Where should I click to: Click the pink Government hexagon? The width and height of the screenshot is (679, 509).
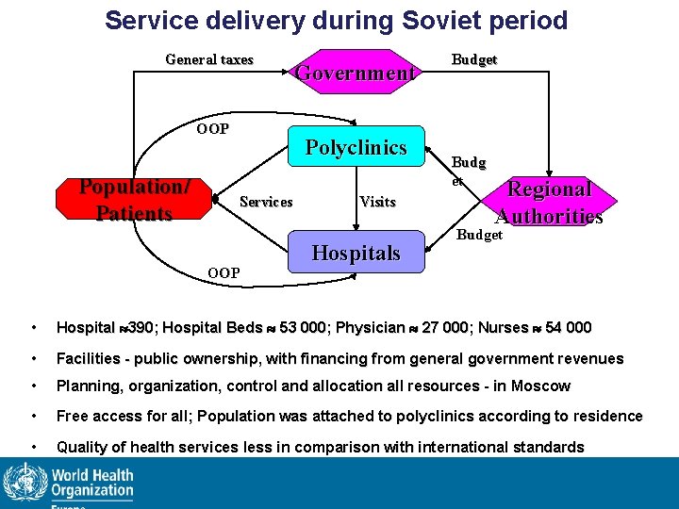[356, 72]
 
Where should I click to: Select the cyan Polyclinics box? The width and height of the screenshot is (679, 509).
[356, 148]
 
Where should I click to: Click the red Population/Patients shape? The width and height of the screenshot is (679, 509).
[134, 200]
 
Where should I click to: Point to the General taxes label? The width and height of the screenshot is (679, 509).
[209, 59]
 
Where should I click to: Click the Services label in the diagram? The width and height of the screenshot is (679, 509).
[266, 201]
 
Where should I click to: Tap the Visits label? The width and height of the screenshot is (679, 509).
[377, 201]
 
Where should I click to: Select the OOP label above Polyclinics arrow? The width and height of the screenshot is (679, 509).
[212, 129]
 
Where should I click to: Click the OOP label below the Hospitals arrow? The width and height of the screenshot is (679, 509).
[224, 273]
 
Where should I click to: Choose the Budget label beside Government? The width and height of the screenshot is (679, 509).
[474, 59]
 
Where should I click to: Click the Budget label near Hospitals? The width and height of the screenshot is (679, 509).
[480, 235]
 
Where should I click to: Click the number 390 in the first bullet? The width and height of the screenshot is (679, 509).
[142, 328]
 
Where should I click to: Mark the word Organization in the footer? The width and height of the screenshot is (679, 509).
[92, 491]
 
